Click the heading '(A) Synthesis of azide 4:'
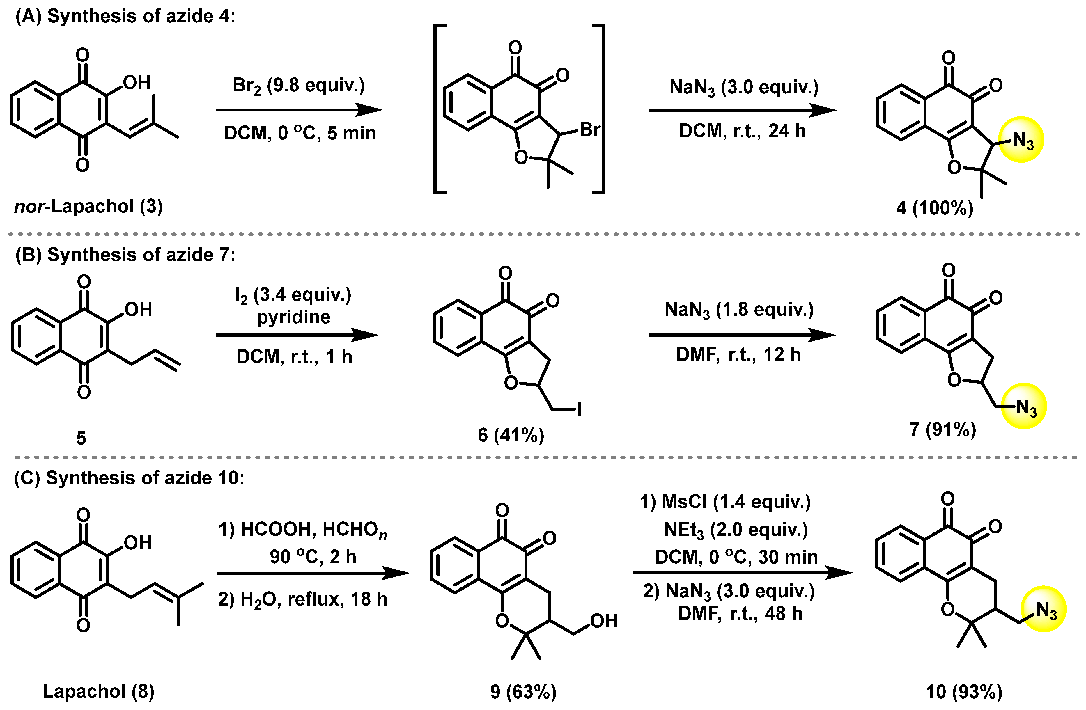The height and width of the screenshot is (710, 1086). tap(125, 16)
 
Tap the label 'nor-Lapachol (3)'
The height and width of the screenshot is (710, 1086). tap(88, 207)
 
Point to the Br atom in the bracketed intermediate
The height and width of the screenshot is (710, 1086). tap(589, 130)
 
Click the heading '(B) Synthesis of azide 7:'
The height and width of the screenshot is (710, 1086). tap(125, 255)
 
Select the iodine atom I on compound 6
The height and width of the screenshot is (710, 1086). tap(579, 409)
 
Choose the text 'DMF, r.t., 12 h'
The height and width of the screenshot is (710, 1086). tap(738, 354)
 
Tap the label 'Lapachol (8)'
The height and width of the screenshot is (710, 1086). tap(99, 691)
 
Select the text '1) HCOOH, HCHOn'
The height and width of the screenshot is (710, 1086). tap(302, 530)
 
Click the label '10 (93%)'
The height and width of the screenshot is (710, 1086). tap(964, 692)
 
